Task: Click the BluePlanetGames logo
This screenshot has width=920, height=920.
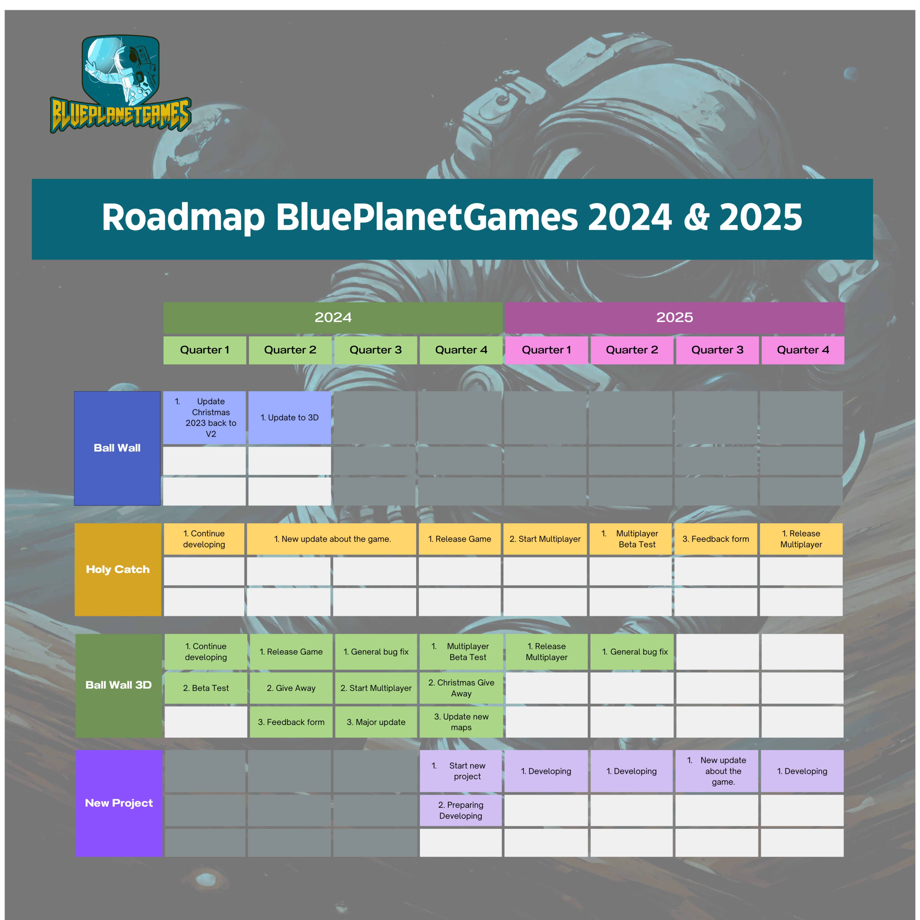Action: pos(120,84)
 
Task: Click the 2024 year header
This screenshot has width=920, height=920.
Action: pos(333,318)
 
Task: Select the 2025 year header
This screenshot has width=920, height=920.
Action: pos(674,318)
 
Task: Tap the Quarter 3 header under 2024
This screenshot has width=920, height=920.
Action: pos(376,350)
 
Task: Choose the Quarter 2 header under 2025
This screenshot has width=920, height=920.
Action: pos(632,350)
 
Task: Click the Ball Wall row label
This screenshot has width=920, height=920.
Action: pos(117,448)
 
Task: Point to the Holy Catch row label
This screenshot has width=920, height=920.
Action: pos(118,569)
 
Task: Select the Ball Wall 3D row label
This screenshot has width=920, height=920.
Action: pos(119,685)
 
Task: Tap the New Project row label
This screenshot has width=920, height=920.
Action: pos(119,803)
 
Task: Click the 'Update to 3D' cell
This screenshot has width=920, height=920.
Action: pos(290,418)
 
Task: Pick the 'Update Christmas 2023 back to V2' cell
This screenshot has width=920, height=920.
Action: pos(204,418)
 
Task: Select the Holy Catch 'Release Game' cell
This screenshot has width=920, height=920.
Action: pos(459,539)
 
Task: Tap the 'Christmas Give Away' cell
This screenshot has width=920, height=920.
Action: pos(461,688)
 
